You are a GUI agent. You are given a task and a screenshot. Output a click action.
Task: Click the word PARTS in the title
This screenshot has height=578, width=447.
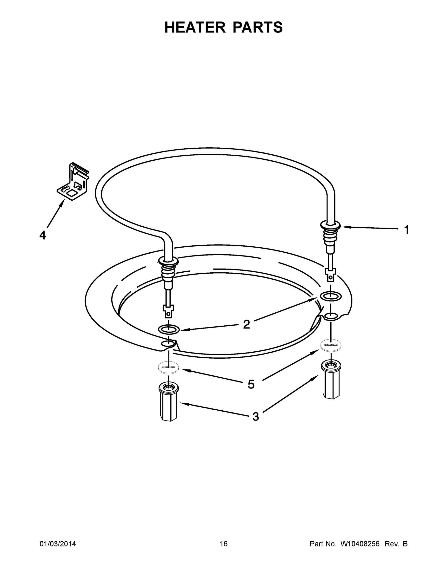pos(258,27)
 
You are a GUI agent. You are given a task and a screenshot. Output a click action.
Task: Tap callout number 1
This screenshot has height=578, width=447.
pos(407,230)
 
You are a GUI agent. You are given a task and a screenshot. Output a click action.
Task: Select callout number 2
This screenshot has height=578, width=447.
pos(246,324)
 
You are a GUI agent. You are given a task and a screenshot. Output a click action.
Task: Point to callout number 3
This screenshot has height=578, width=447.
pos(255,417)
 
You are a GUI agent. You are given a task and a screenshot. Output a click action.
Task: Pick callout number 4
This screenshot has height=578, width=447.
pos(43,235)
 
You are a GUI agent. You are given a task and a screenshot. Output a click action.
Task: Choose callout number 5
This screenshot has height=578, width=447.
pos(251,384)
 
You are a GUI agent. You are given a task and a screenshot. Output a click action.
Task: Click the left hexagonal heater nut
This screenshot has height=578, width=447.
pos(168,401)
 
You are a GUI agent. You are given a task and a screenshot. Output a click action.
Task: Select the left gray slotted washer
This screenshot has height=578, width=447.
pos(168,367)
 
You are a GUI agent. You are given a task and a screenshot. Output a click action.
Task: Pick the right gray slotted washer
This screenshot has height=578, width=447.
pos(331,345)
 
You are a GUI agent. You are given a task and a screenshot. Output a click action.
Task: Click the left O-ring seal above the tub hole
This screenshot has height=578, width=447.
pos(169,329)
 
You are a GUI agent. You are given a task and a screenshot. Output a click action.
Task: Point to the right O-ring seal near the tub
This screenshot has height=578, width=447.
pos(331,296)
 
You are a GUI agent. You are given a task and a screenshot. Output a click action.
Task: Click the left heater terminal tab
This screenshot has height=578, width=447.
pos(168,311)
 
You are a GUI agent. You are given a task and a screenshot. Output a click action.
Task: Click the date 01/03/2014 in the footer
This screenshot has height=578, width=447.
pos(58,544)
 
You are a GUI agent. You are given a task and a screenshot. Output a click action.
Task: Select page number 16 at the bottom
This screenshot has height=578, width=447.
pos(224,544)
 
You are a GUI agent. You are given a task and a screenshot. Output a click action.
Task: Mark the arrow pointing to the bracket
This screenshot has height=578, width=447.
pos(56,213)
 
